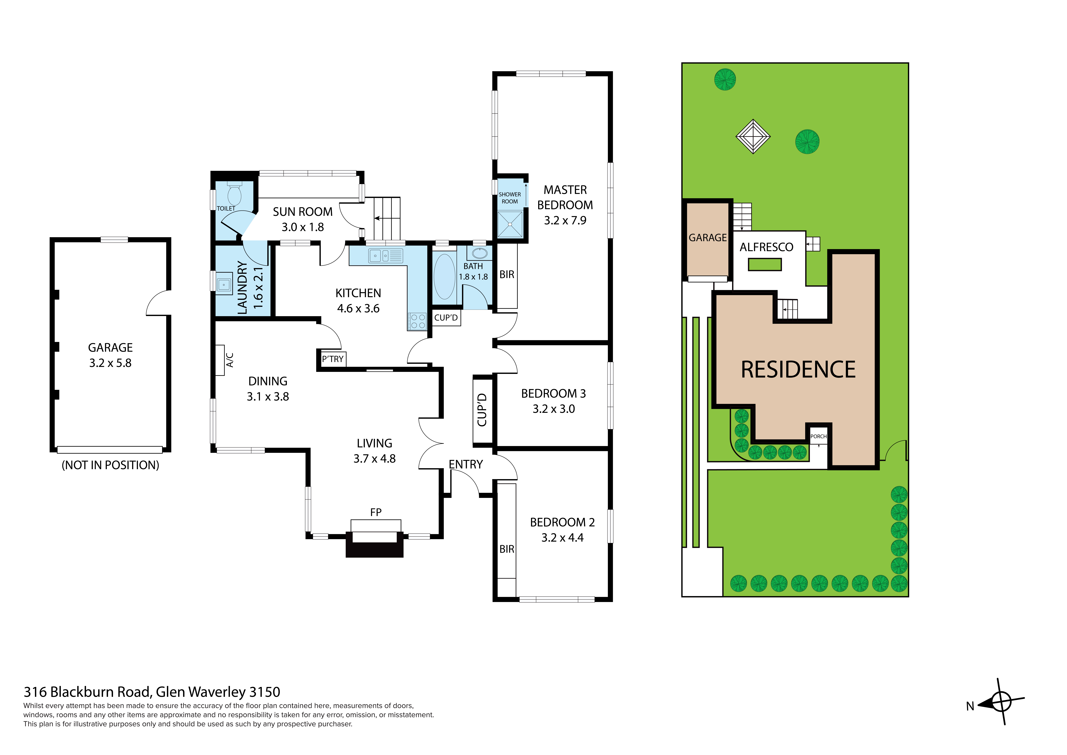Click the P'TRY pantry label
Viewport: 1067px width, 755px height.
coord(333,359)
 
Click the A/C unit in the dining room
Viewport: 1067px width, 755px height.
coord(220,360)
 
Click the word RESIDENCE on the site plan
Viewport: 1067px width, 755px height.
coord(798,370)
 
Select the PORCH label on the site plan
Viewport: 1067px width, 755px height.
coord(818,436)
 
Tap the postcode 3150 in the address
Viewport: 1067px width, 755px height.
coord(265,692)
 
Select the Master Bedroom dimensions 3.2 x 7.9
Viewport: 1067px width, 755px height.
coord(565,220)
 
